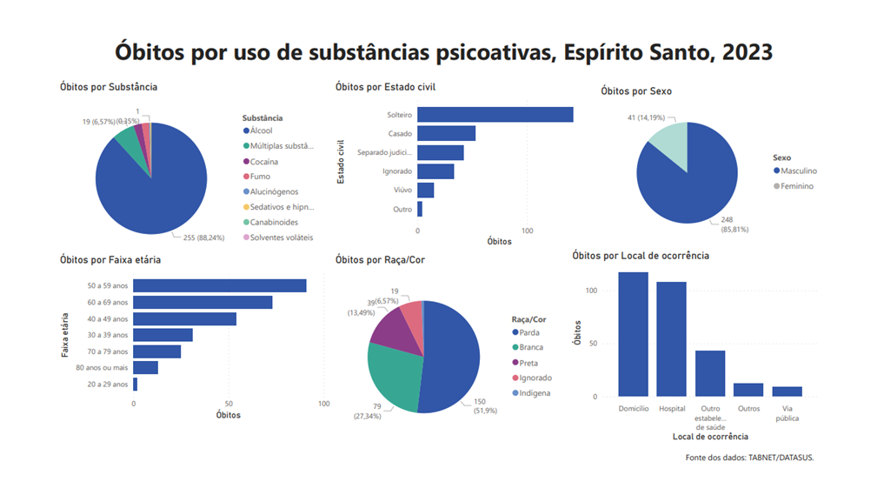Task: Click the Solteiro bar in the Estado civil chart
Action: (x=495, y=115)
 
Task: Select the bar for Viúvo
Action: (x=425, y=191)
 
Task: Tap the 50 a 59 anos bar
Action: (x=219, y=286)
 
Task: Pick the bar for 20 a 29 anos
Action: (x=135, y=384)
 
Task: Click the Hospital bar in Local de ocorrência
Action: (x=671, y=338)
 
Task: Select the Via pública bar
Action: (x=787, y=391)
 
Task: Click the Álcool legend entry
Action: (x=261, y=130)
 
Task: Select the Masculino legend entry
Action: (x=798, y=171)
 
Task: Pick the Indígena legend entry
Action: (x=535, y=393)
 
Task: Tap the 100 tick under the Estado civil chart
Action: (x=527, y=231)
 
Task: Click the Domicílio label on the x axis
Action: (x=633, y=408)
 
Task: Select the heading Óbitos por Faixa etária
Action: (x=110, y=259)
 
